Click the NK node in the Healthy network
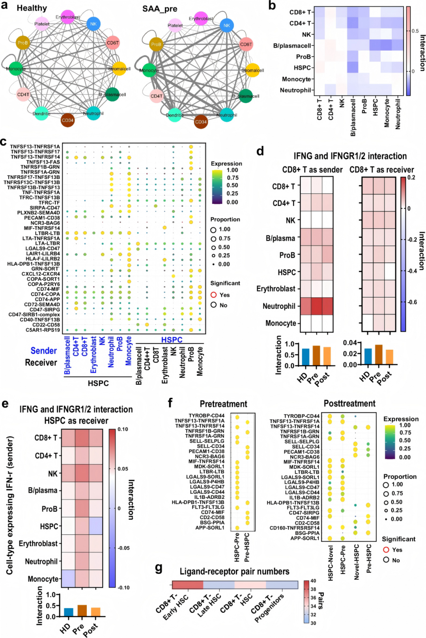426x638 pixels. [93, 24]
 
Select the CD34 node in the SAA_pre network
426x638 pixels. [201, 122]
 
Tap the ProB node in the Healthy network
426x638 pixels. [23, 43]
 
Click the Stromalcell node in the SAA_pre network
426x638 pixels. [252, 70]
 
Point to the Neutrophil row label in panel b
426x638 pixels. [295, 90]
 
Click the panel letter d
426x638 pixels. [260, 152]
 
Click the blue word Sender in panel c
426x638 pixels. [44, 351]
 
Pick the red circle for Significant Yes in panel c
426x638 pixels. [213, 295]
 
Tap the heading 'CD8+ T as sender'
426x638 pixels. [312, 170]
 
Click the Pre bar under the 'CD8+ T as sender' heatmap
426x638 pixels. [316, 355]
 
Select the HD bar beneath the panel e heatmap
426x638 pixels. [68, 612]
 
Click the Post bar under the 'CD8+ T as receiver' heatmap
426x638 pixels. [389, 356]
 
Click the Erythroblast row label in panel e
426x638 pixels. [39, 543]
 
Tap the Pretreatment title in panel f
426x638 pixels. [223, 404]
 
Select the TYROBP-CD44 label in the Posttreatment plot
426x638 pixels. [301, 416]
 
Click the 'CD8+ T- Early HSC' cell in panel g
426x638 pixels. [188, 584]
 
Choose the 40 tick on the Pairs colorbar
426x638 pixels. [313, 581]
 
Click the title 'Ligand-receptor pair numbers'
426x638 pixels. [234, 571]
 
